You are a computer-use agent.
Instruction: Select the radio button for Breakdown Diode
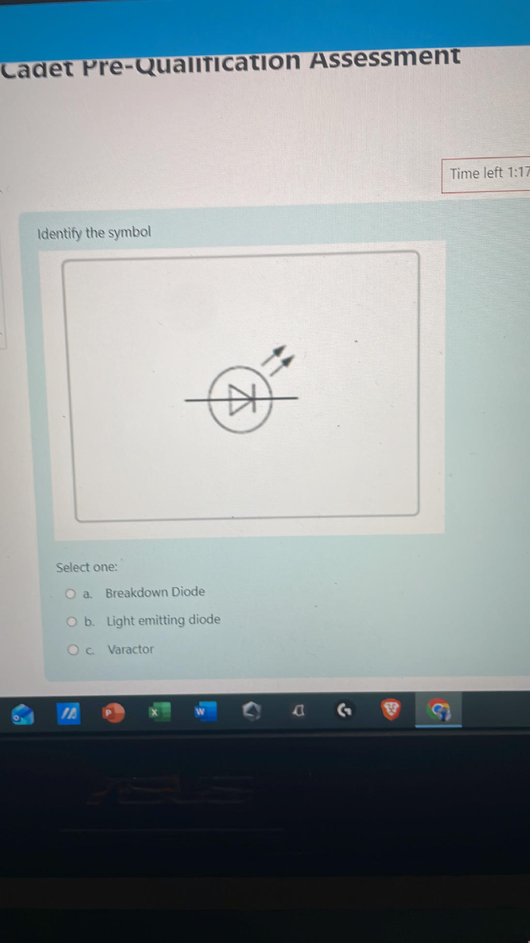coord(71,594)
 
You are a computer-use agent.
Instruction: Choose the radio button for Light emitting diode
coord(72,622)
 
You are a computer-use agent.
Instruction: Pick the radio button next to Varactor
coord(73,650)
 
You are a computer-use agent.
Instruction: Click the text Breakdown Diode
coord(155,592)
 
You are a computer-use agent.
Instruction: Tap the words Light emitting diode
coord(163,620)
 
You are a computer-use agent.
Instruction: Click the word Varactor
coord(130,649)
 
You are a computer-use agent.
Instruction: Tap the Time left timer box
coord(486,175)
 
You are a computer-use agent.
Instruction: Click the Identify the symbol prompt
coord(94,233)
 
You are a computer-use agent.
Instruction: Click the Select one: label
coord(87,567)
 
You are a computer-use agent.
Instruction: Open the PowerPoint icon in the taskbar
coord(113,713)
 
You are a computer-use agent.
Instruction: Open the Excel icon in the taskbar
coord(158,712)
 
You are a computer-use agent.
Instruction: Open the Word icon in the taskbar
coord(204,712)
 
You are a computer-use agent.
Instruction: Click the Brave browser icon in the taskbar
coord(391,710)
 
